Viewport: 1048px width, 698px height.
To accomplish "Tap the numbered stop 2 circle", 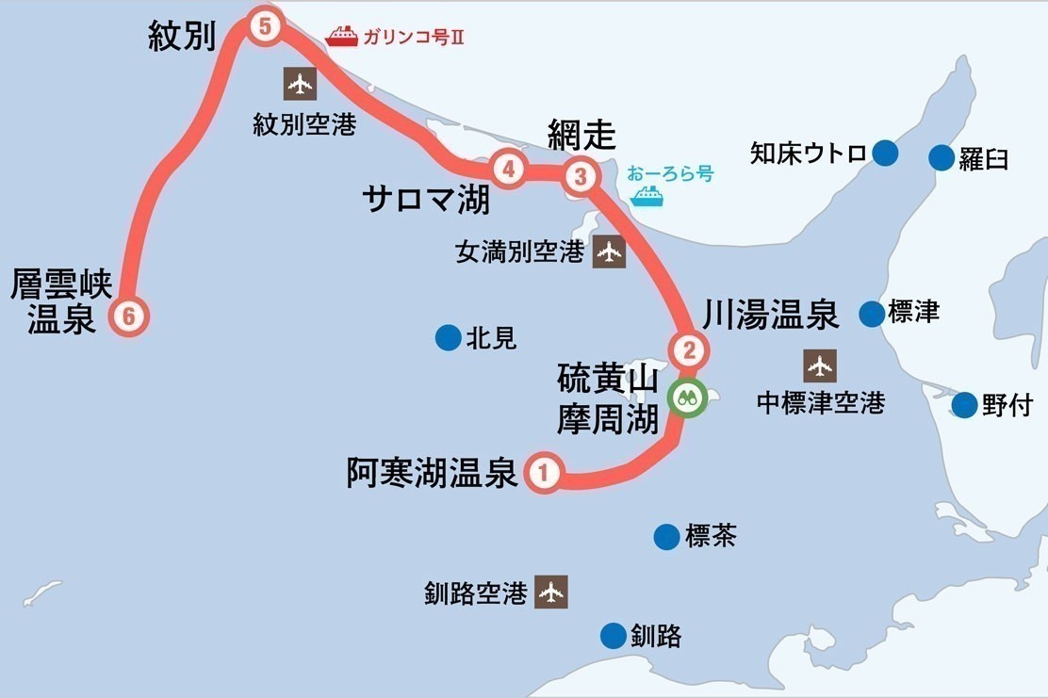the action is point(689,351).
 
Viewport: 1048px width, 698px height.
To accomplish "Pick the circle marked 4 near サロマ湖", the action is point(509,170).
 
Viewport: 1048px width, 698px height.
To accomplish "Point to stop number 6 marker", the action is point(130,317).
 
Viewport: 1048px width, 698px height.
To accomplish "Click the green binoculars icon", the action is point(687,397).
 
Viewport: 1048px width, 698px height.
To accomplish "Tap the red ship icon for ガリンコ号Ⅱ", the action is point(341,37).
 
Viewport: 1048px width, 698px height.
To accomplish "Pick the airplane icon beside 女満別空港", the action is point(609,252).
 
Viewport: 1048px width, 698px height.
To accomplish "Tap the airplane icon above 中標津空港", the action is point(820,365).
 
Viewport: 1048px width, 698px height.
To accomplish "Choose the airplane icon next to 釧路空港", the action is point(551,592).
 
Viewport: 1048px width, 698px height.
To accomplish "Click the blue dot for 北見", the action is point(448,337).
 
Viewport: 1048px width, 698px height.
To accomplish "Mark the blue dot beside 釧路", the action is point(614,636).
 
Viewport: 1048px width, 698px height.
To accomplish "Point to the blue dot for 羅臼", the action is point(942,157).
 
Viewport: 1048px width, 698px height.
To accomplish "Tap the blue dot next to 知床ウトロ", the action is point(885,153).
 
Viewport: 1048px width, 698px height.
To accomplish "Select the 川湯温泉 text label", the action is point(770,316).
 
